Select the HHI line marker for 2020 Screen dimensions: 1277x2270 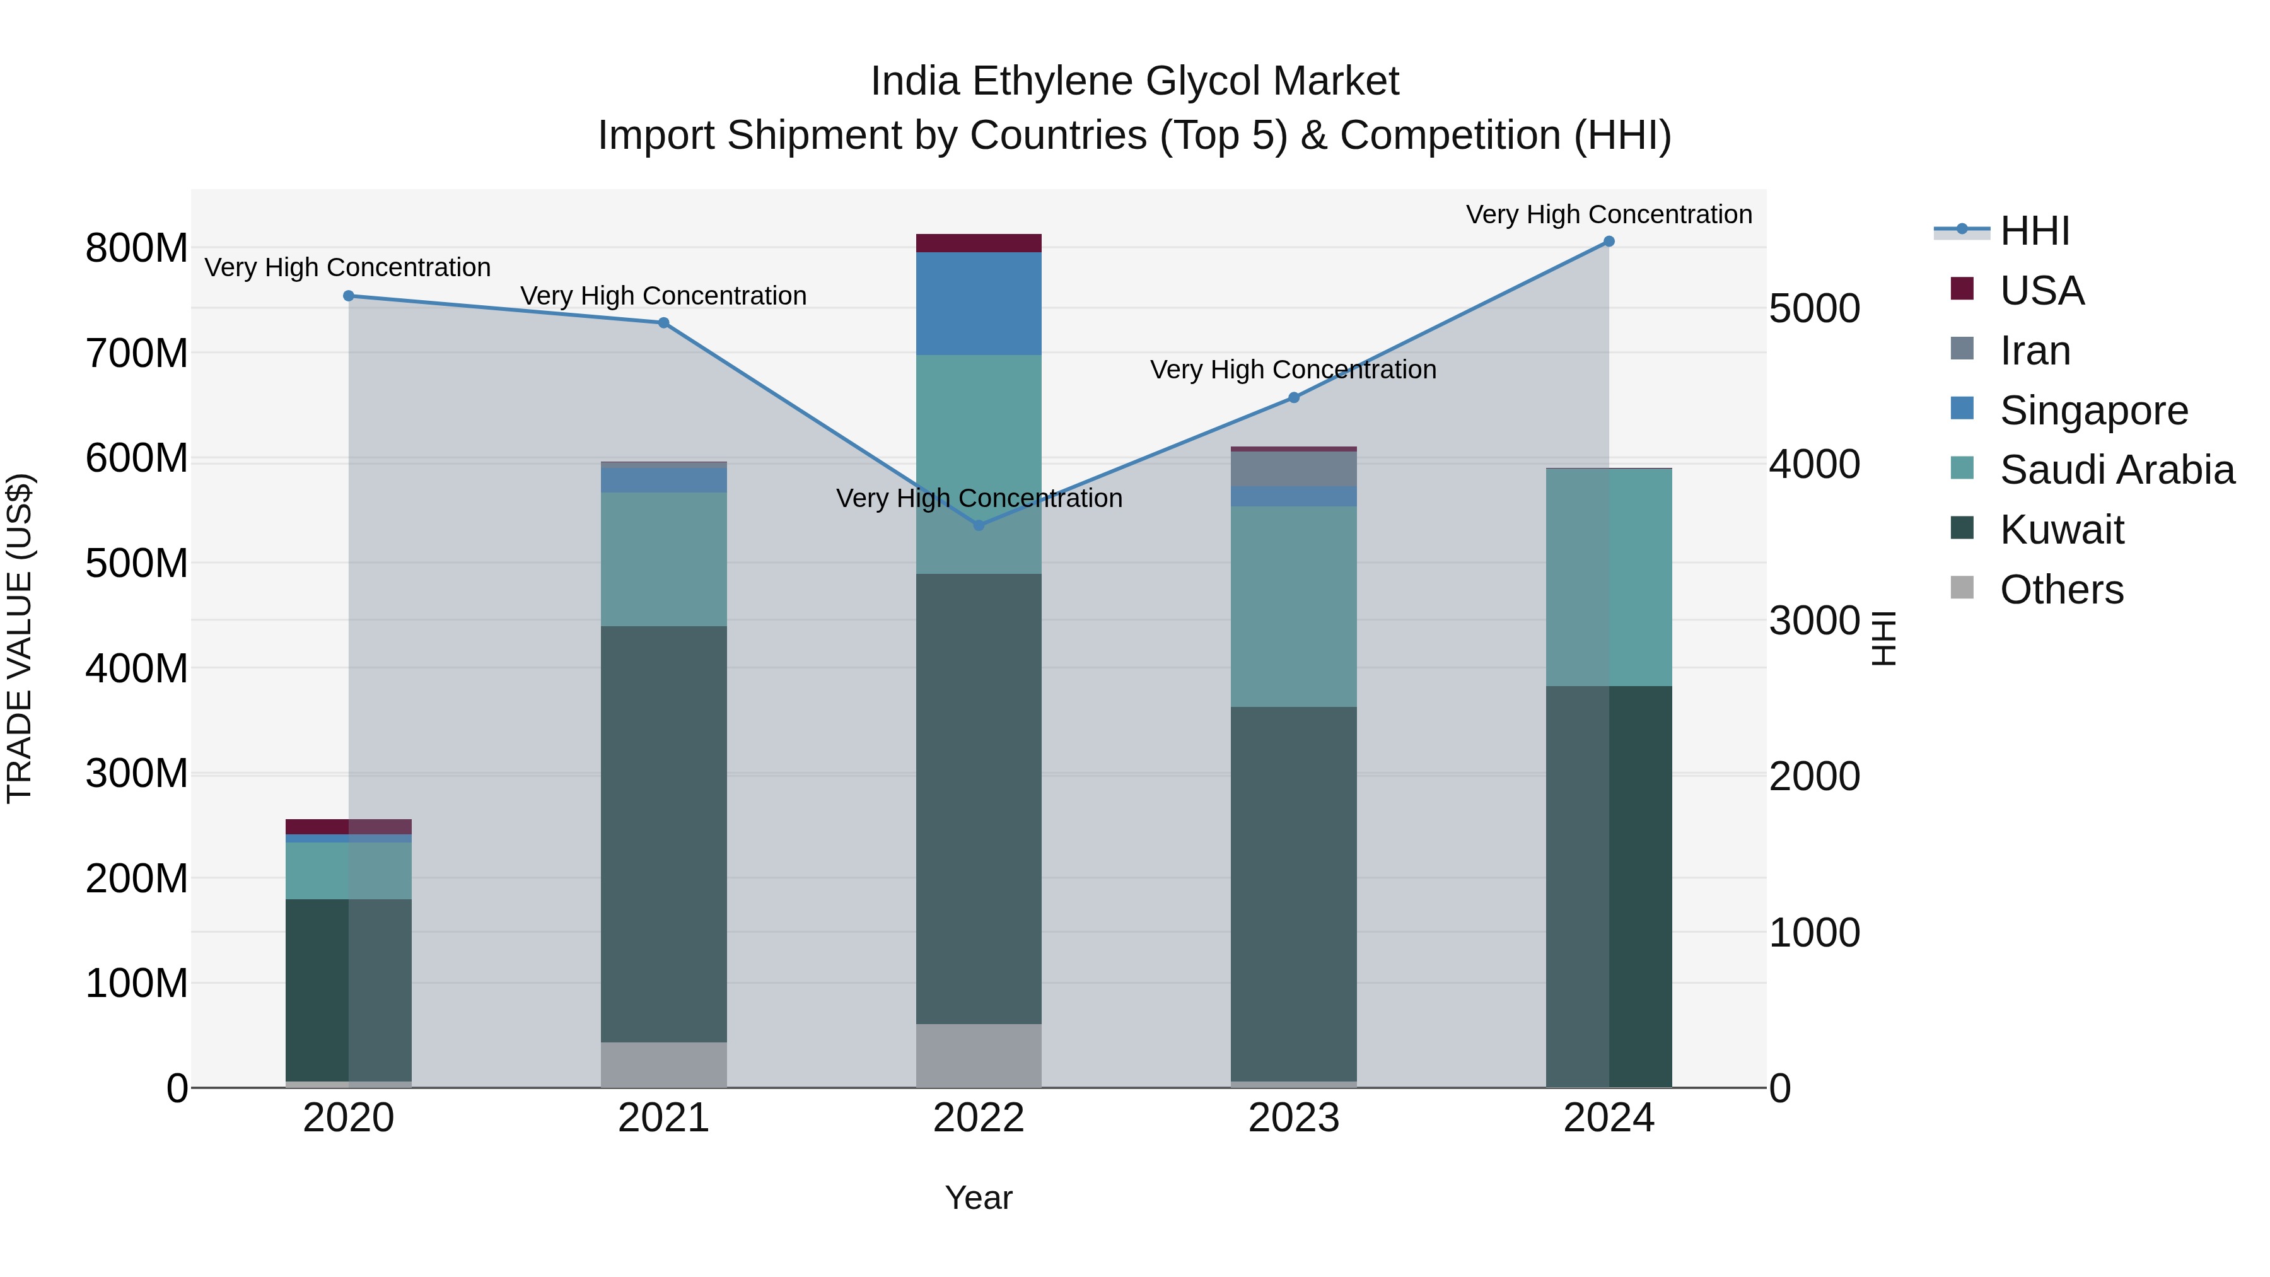[x=348, y=296]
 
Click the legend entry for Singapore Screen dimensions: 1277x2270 [x=2093, y=411]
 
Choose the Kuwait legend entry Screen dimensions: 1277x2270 [x=2061, y=530]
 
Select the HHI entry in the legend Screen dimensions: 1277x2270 [x=2034, y=231]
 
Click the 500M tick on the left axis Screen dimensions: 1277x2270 [x=137, y=563]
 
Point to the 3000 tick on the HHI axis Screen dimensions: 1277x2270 [x=1814, y=621]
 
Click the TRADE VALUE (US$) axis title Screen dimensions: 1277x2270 [x=20, y=638]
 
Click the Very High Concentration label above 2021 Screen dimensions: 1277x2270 [x=663, y=296]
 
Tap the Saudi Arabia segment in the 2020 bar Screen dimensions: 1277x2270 [x=348, y=871]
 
